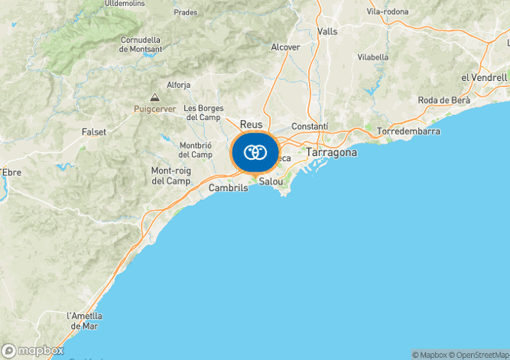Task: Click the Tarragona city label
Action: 331,153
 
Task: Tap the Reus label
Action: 251,125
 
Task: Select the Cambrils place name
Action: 229,188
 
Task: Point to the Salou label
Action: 271,182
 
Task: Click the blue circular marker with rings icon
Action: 255,152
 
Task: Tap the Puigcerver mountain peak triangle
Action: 155,97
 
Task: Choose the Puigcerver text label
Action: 154,109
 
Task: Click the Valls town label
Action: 327,31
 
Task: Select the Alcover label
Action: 285,47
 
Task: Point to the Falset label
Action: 93,132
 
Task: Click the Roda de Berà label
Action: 443,101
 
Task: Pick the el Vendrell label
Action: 484,78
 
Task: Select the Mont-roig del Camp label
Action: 171,176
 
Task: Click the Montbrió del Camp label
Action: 195,150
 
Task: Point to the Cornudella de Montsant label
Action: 141,44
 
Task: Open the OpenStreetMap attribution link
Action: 478,355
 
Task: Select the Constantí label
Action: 310,126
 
